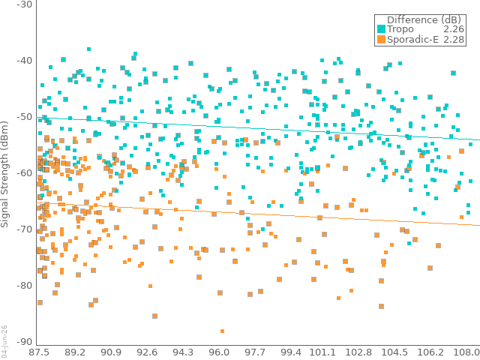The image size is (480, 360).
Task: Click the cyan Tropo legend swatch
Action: click(x=381, y=29)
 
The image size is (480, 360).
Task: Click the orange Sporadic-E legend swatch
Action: click(x=381, y=40)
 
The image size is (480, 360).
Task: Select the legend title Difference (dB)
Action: click(x=424, y=20)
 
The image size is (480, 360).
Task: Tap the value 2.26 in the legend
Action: click(x=454, y=29)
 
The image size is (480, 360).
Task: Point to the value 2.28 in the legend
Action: click(x=454, y=40)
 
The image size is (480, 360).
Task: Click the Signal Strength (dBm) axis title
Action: click(x=4, y=174)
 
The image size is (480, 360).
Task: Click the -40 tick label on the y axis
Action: click(x=24, y=60)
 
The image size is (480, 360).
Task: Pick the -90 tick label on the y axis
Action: click(x=24, y=342)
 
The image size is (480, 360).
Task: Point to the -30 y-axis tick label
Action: click(x=24, y=4)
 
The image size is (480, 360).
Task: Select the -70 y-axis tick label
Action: click(x=24, y=229)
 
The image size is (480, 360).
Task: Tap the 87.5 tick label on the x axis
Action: click(x=39, y=352)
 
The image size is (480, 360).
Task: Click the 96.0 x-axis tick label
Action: click(x=219, y=352)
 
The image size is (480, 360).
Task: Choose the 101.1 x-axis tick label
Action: click(x=322, y=352)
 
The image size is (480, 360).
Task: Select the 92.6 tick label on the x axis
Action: click(x=147, y=352)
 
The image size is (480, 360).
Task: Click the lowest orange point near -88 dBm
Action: click(x=222, y=331)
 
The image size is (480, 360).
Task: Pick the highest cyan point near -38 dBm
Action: click(x=88, y=49)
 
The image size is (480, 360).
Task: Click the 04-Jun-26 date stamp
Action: click(x=4, y=341)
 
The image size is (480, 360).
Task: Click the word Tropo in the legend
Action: click(x=400, y=29)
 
